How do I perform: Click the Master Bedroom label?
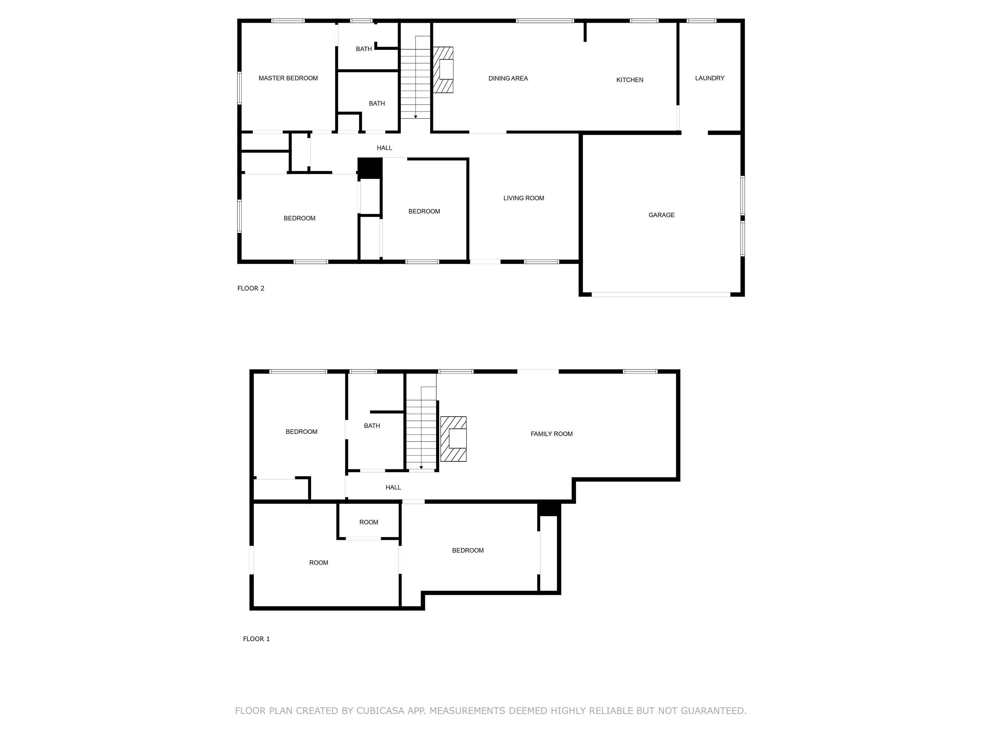[288, 78]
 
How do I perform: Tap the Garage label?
[661, 215]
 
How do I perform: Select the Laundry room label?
[709, 78]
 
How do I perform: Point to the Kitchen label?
[629, 80]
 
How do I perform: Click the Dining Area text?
[508, 79]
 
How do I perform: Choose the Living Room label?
[523, 198]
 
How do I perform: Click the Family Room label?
[551, 434]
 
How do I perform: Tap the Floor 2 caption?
[251, 288]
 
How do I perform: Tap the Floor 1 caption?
[256, 639]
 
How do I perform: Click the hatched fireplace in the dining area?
[443, 70]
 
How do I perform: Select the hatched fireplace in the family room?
[453, 439]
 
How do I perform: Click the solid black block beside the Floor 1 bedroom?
[549, 509]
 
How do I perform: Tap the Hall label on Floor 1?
[393, 487]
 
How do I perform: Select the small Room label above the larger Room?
[369, 522]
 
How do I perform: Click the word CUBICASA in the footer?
[380, 711]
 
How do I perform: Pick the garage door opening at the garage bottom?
[661, 294]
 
